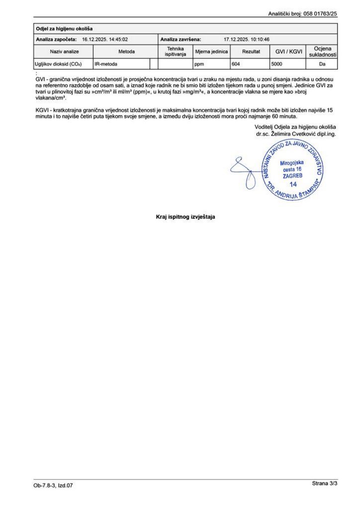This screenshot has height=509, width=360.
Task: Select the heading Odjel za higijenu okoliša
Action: (x=64, y=29)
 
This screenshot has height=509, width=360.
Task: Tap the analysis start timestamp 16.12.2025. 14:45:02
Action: (x=105, y=39)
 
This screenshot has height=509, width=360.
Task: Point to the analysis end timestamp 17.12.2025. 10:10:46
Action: (x=247, y=39)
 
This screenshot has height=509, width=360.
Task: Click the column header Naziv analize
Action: (x=64, y=52)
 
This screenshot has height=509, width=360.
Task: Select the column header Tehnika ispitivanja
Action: (x=175, y=52)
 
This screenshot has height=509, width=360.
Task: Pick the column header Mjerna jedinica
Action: (x=211, y=52)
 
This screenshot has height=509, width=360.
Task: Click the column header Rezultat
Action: (x=251, y=52)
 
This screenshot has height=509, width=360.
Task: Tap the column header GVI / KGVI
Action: (x=289, y=52)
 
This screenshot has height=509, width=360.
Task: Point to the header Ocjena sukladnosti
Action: (x=322, y=52)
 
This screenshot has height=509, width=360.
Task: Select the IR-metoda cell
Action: (x=105, y=64)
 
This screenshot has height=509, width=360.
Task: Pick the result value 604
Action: (x=237, y=64)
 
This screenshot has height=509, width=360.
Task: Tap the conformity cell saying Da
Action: (x=322, y=64)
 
